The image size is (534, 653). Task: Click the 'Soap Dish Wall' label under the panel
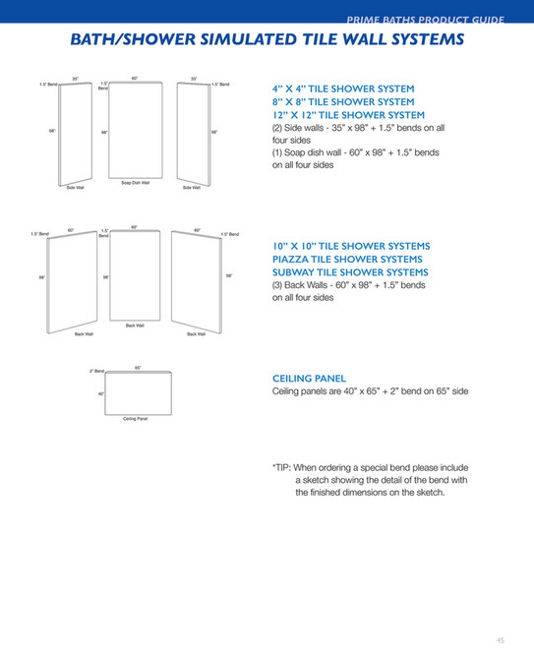coord(135,182)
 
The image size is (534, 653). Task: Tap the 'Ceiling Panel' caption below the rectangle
coord(136,418)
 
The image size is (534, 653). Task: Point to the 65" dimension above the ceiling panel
coord(139,368)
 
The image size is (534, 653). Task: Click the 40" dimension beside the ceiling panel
coord(100,393)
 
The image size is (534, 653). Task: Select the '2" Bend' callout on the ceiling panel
coord(97,371)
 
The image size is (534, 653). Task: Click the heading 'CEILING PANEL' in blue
coord(309,378)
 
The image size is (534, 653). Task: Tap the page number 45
coord(500,639)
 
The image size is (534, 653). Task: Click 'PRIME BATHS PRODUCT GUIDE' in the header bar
coord(426,20)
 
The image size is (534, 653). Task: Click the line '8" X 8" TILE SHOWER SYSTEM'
coord(343,101)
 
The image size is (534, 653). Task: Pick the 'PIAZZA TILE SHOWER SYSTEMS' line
coord(350,259)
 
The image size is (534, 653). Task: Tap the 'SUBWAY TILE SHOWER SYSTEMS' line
coord(350,272)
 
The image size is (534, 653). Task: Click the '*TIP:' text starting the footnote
coord(281,467)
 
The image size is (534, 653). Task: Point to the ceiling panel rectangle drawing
coord(139,393)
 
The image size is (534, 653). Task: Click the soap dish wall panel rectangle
coord(135,131)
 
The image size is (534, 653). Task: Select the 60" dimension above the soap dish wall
coord(135,78)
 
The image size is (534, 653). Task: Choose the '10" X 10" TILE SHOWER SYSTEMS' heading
coord(351,245)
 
